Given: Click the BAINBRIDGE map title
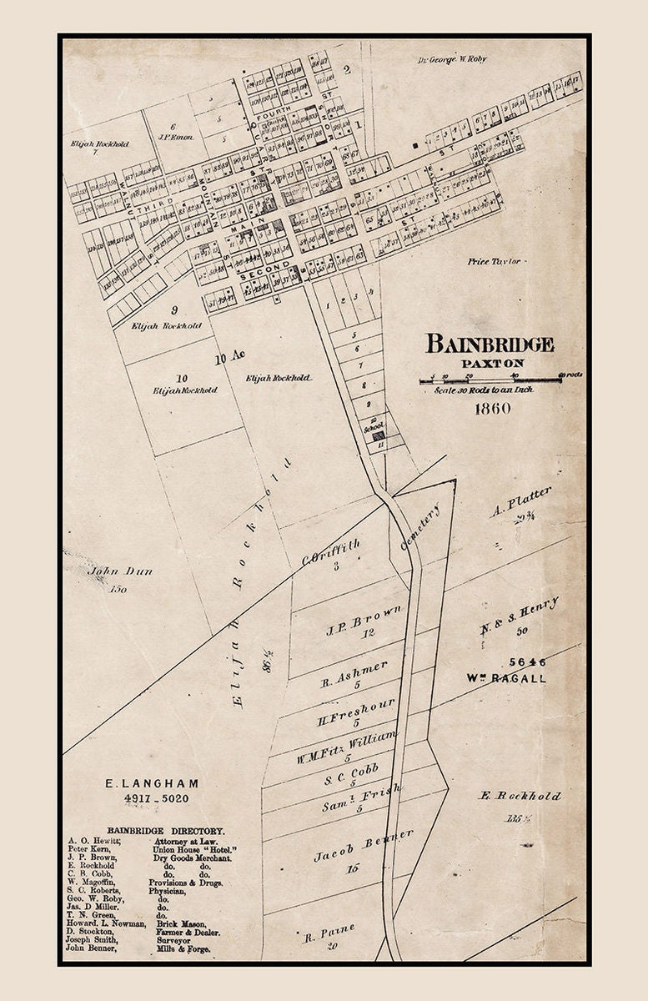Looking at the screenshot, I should point(490,344).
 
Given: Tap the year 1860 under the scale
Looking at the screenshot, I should point(492,409).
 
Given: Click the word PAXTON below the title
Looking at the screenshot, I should point(493,364).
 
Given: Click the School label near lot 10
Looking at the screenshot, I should point(374,426).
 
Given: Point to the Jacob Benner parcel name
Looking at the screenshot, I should point(364,845).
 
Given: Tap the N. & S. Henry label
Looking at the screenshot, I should point(520,616).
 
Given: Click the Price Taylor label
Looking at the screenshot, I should point(495,261).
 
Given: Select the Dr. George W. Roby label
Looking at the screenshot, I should point(452,59).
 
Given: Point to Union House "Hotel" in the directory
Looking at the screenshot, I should point(193,848).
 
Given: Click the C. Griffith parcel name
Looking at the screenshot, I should point(331,552).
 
